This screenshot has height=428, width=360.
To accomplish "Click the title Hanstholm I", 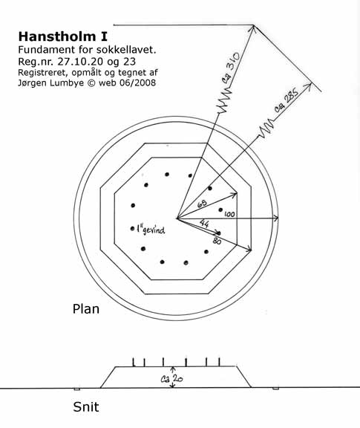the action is [x=63, y=36].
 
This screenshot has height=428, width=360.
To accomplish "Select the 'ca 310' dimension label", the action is [x=232, y=65].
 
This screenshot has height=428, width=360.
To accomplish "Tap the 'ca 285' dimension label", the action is [x=287, y=100].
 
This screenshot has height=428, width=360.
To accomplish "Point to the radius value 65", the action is [x=202, y=204].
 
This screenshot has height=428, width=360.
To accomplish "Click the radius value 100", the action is [x=229, y=214].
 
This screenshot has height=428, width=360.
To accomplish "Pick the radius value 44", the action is [x=204, y=223].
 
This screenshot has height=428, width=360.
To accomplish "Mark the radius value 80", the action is [x=217, y=241].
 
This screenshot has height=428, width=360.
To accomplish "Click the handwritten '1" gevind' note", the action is [x=151, y=230].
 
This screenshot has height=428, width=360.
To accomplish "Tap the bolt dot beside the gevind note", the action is [x=133, y=228].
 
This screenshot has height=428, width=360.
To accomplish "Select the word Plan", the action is [x=86, y=309].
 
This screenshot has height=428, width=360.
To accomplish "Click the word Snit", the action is [x=86, y=406].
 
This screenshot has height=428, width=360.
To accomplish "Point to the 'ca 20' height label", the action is [x=171, y=378].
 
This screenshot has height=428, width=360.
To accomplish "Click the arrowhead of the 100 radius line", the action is [x=276, y=218].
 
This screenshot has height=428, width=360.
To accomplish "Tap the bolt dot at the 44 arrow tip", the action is [x=219, y=233].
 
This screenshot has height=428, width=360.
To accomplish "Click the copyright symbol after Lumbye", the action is [x=91, y=82].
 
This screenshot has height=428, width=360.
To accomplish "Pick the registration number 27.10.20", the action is [x=80, y=62].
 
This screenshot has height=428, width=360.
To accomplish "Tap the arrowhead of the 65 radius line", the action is [x=235, y=195].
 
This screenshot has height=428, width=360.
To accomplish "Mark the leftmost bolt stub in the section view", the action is [x=134, y=362].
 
